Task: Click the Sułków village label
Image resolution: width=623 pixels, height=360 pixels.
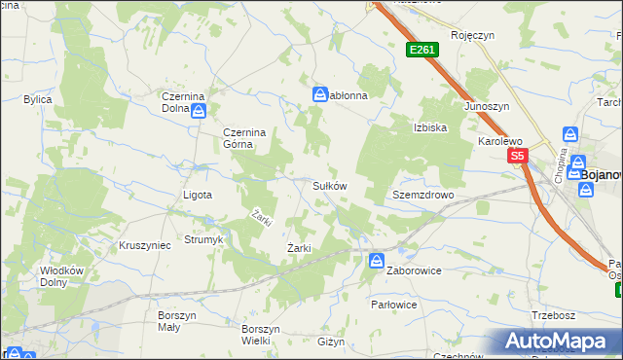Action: click(x=329, y=185)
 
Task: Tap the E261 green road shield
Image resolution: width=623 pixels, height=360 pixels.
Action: click(x=421, y=50)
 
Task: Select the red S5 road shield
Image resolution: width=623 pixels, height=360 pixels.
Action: click(x=516, y=156)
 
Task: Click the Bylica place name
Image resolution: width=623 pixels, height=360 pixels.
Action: click(x=38, y=99)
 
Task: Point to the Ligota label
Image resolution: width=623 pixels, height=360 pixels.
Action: click(x=198, y=195)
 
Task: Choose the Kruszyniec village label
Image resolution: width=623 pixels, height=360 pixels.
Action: click(x=144, y=245)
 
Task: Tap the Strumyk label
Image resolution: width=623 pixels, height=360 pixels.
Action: click(x=203, y=239)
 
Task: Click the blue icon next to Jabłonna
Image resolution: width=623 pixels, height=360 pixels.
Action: click(x=319, y=94)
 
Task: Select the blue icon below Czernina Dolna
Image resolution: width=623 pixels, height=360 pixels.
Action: click(x=199, y=112)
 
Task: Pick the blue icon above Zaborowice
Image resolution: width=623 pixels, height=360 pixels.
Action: click(x=377, y=260)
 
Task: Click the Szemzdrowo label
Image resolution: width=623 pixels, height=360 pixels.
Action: click(x=423, y=195)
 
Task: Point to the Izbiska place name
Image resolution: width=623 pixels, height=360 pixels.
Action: click(x=429, y=127)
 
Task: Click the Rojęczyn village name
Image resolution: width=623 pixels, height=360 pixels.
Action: click(x=473, y=35)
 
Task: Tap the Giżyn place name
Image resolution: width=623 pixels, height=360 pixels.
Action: click(x=331, y=342)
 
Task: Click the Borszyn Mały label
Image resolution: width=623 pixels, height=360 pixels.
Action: click(x=178, y=321)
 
